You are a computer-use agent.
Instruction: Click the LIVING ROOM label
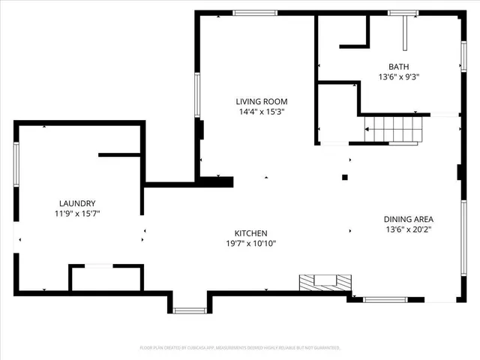(261, 101)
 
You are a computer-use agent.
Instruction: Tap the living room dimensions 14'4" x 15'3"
(261, 112)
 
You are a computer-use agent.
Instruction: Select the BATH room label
(398, 66)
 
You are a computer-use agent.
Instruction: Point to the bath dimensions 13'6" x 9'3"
(398, 76)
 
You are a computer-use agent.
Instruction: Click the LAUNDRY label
(77, 203)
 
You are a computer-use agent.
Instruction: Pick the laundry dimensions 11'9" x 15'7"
(77, 214)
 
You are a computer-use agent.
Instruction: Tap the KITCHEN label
(251, 233)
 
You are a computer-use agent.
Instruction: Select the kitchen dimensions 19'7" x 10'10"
(251, 244)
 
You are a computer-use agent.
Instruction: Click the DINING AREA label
(409, 219)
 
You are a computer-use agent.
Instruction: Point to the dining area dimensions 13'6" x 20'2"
(409, 229)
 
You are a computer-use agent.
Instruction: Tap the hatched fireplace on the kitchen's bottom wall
(325, 282)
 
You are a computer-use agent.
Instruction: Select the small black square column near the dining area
(345, 178)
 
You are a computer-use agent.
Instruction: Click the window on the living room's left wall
(197, 95)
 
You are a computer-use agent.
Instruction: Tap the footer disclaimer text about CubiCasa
(240, 348)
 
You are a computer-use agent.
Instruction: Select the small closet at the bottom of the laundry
(106, 277)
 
